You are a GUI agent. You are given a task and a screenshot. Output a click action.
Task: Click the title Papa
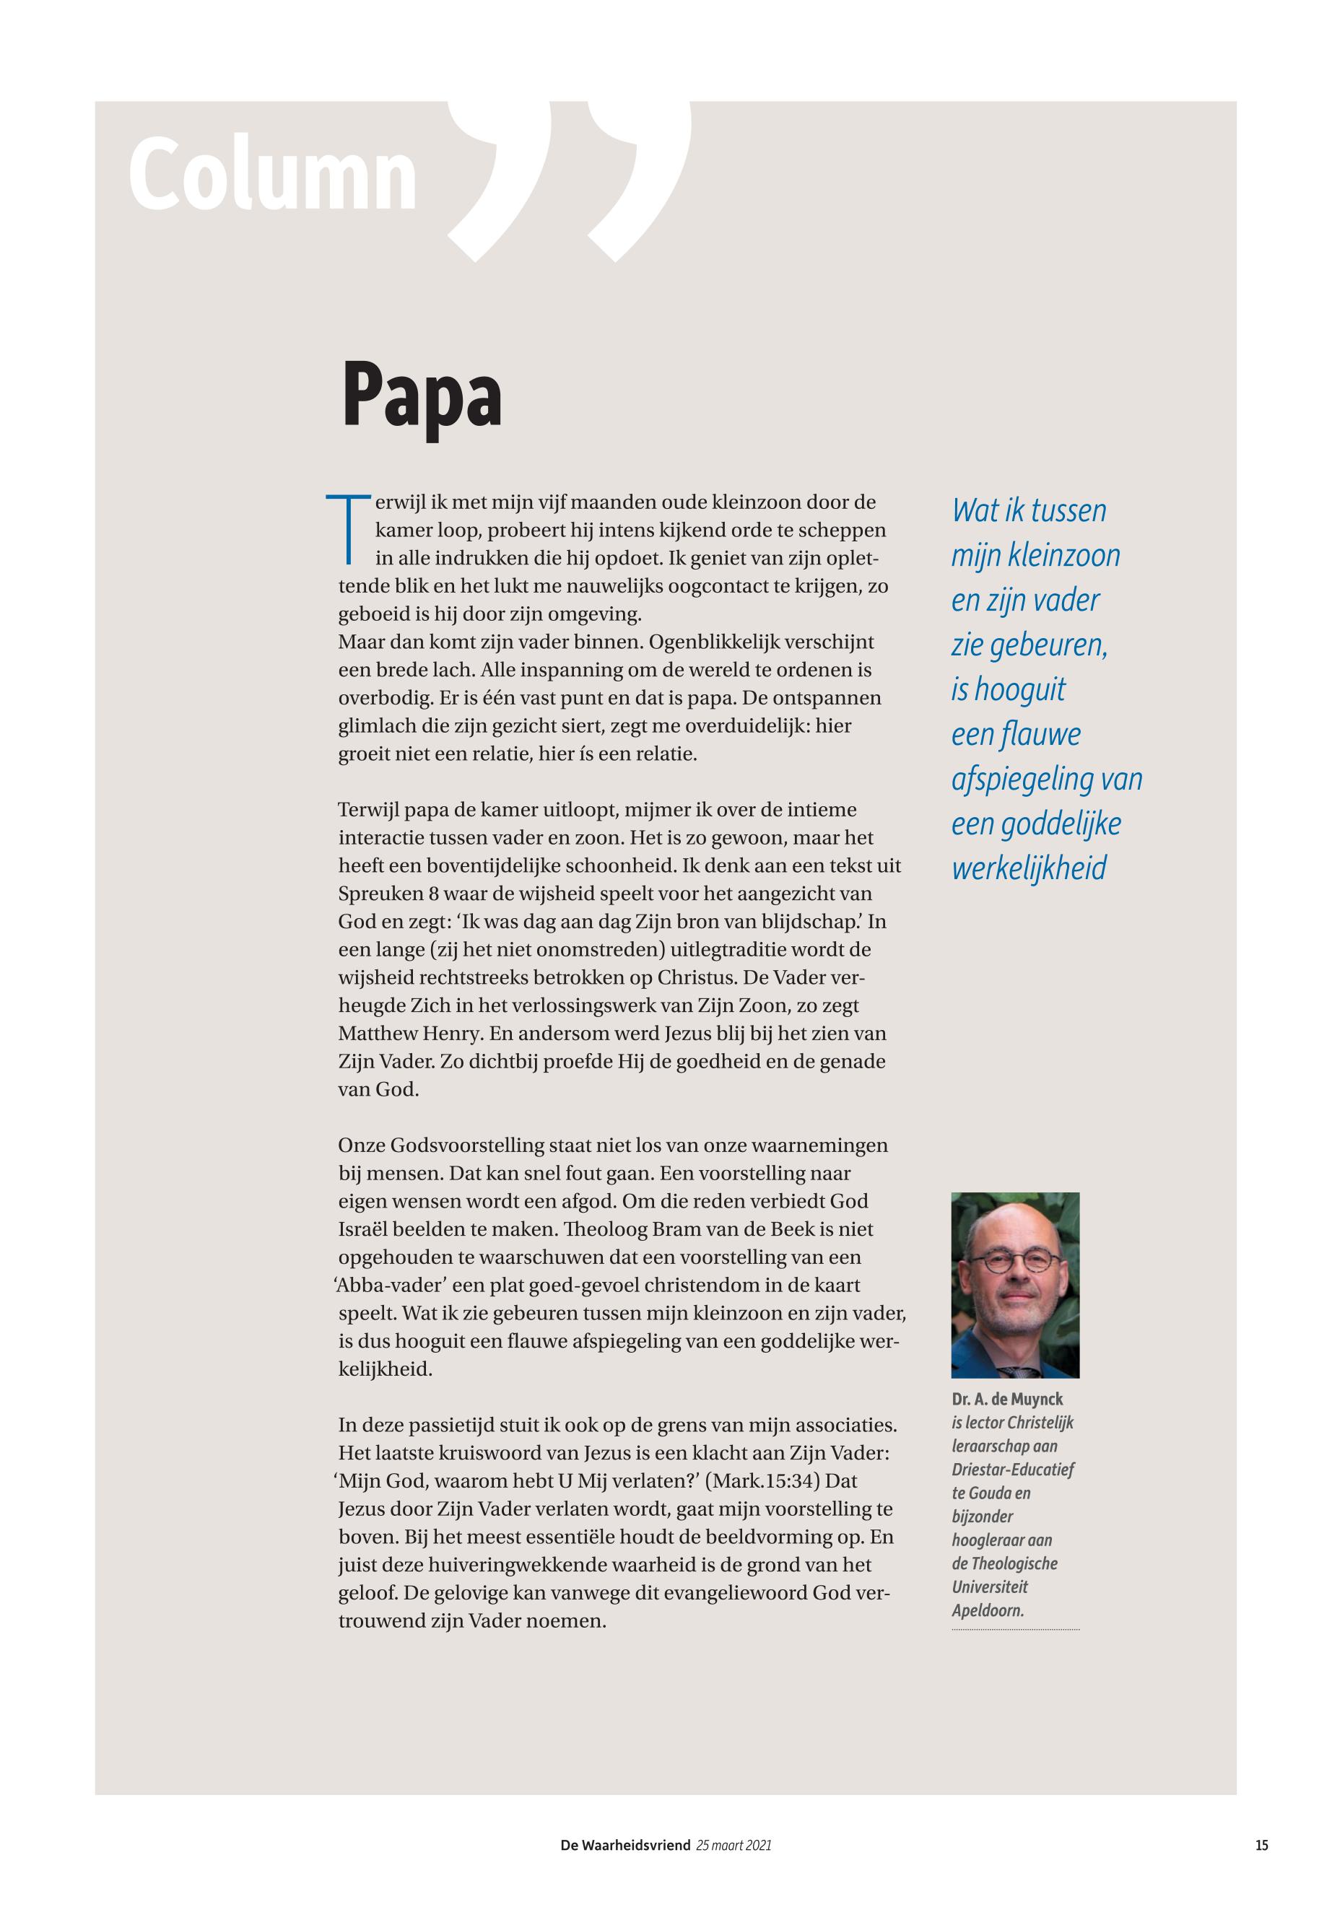(422, 396)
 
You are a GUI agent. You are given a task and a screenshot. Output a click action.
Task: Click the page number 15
(1261, 1846)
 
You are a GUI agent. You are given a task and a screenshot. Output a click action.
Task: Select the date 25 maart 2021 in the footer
(734, 1846)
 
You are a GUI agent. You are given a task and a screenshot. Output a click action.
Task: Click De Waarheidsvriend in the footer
(625, 1846)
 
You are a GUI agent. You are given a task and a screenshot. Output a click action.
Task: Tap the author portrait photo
(1015, 1285)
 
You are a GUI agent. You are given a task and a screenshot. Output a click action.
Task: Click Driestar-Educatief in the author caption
(1012, 1470)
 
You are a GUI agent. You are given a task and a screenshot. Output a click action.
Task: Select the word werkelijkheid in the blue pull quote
(1028, 868)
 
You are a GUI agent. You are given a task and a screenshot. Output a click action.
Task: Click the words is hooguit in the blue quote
(1008, 689)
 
